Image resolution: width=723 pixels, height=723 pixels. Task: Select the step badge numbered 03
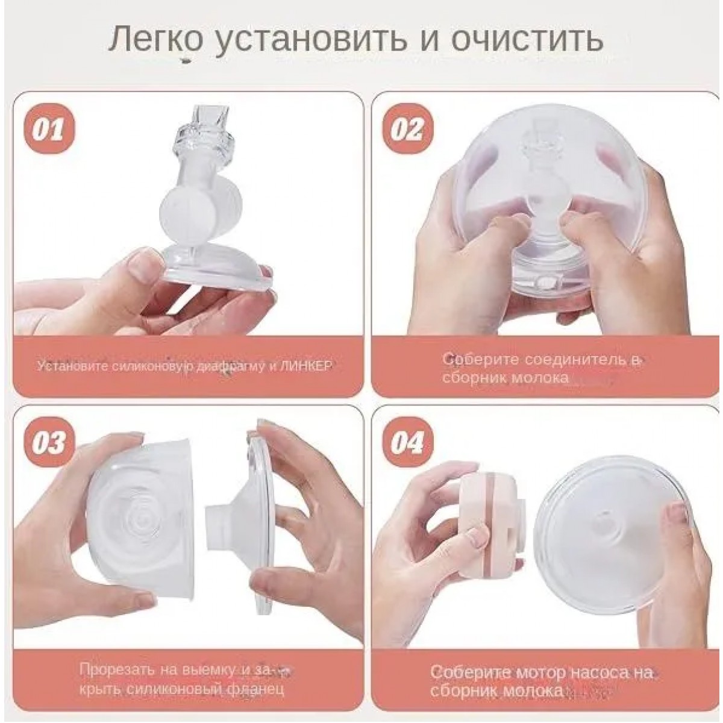tap(49, 443)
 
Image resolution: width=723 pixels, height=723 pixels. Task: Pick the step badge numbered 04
tap(407, 443)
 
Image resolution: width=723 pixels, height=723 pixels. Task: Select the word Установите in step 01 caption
tap(74, 366)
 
